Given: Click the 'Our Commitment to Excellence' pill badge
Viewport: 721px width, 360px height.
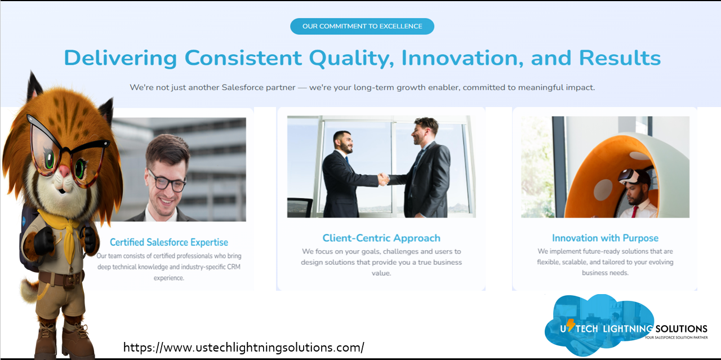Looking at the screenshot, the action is (x=362, y=26).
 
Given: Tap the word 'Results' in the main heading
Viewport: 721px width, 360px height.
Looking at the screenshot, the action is (x=620, y=58).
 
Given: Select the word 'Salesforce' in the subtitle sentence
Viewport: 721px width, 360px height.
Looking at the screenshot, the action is (x=242, y=87).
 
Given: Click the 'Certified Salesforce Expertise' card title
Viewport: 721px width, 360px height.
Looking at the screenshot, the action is (x=169, y=242).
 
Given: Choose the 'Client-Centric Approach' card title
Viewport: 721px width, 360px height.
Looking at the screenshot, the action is (x=381, y=238).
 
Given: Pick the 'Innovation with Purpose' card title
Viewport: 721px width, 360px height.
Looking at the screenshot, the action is (x=605, y=238).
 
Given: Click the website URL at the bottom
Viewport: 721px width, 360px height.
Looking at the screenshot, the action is (x=244, y=348).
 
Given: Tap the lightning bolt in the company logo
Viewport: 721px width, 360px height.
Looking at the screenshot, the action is (x=570, y=325).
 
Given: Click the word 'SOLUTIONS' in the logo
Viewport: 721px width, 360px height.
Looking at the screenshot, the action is (x=682, y=329).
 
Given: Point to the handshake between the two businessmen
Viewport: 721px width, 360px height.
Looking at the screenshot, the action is (x=384, y=179).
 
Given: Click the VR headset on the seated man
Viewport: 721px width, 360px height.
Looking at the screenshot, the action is (x=631, y=176).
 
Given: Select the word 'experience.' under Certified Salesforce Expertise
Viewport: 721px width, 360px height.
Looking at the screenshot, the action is (x=169, y=278).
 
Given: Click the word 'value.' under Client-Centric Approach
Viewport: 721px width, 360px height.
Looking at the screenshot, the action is (x=381, y=273).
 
